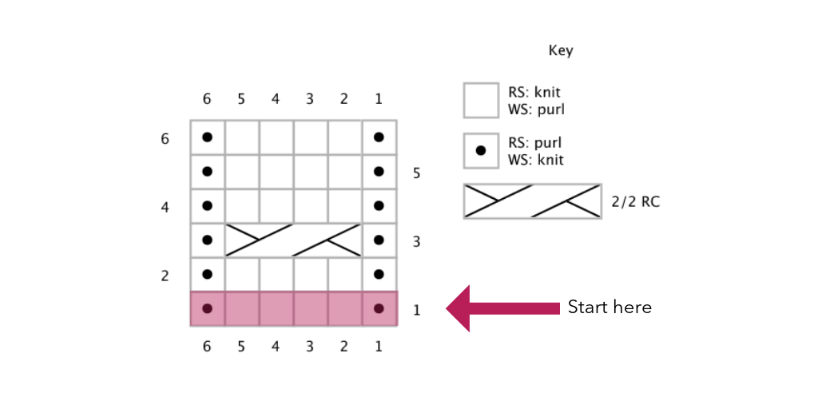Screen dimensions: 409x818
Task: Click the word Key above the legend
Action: point(560,51)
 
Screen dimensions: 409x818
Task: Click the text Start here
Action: point(610,308)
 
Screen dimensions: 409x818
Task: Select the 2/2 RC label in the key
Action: point(635,202)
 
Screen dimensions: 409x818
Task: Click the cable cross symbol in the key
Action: point(532,201)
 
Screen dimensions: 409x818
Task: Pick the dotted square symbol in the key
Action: point(481,150)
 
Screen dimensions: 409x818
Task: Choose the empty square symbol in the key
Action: point(481,101)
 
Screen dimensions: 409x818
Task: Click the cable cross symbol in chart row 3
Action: point(293,240)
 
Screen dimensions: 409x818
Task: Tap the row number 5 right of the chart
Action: point(417,173)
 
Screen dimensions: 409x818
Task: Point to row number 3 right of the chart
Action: point(417,241)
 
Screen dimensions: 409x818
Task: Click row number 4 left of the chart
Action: point(165,207)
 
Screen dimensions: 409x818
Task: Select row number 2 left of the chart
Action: point(165,276)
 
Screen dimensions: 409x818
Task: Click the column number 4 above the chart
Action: point(276,99)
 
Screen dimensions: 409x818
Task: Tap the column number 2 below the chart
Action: point(344,347)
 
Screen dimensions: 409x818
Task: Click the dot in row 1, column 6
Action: point(208,308)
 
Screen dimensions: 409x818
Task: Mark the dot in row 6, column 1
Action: point(379,137)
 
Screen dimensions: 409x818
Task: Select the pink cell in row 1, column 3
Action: point(310,309)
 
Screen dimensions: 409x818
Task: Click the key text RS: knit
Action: point(534,93)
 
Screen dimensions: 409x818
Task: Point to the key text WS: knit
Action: point(535,160)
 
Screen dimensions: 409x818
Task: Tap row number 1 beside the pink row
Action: point(417,310)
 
